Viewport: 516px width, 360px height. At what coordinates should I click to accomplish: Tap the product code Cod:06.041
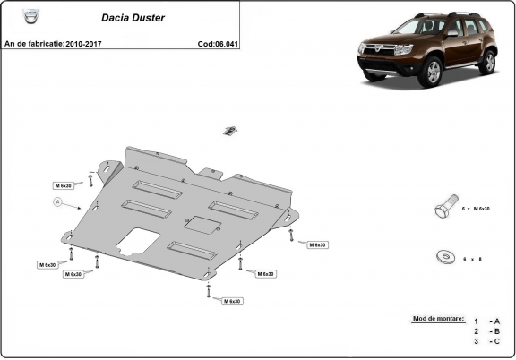point(217,43)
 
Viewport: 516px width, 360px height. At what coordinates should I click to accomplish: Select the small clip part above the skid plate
point(229,131)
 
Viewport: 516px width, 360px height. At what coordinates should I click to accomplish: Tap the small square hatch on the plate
point(195,224)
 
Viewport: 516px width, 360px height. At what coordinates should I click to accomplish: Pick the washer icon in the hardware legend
point(444,255)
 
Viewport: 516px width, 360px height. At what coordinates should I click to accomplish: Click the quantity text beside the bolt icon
point(475,209)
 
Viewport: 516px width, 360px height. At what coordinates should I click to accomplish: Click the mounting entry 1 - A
point(487,321)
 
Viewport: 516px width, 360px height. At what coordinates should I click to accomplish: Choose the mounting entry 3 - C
point(487,341)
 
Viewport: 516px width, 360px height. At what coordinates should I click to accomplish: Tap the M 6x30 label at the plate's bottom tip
point(232,301)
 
